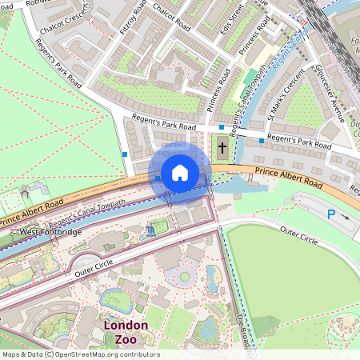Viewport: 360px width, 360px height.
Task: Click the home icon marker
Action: click(x=179, y=173)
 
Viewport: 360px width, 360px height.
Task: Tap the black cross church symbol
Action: click(x=222, y=147)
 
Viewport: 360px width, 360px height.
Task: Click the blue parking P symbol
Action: click(x=331, y=214)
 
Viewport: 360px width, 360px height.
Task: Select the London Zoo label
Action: click(x=126, y=332)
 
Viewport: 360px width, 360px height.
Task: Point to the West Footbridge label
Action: click(x=50, y=232)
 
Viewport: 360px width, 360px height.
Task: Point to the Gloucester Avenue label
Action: click(x=329, y=94)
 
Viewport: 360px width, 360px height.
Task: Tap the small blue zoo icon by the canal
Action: click(x=150, y=232)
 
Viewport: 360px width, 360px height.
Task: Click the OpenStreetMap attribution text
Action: click(x=80, y=354)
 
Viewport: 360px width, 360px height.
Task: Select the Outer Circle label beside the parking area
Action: click(x=298, y=235)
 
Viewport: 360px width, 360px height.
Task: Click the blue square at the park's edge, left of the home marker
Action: click(x=125, y=154)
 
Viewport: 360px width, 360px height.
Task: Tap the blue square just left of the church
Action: click(x=222, y=127)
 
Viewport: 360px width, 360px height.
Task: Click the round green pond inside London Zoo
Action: click(x=185, y=277)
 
